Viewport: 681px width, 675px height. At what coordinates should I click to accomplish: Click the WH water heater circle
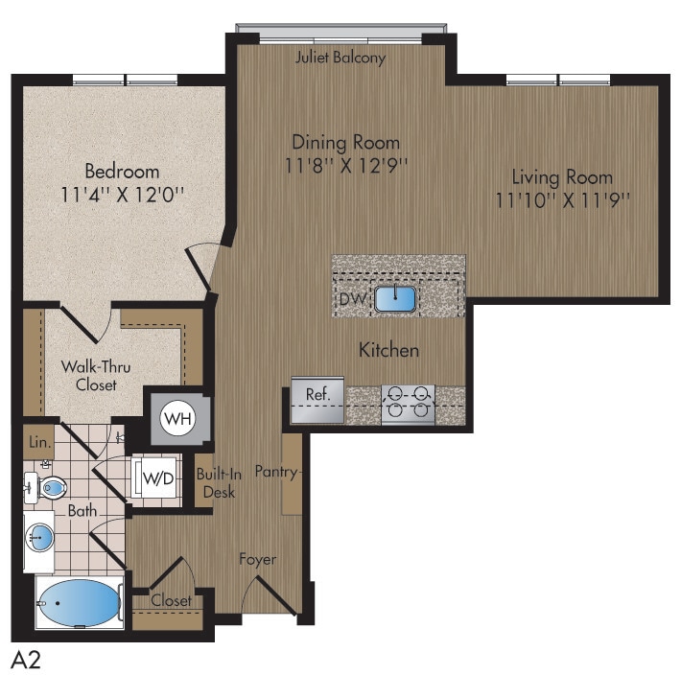[x=175, y=419]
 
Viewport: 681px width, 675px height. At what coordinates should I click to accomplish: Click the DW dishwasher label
[x=351, y=300]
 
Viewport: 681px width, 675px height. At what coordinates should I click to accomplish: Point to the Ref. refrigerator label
[x=317, y=394]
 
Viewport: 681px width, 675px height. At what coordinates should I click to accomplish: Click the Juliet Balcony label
[x=340, y=58]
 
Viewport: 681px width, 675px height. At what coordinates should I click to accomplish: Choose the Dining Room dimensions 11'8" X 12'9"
[x=346, y=165]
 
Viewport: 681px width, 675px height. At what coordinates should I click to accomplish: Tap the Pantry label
[x=276, y=472]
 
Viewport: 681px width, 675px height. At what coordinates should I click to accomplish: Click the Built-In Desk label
[x=216, y=484]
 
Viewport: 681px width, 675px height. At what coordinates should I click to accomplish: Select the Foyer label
[x=258, y=559]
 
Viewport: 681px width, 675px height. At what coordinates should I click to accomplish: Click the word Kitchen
[x=388, y=350]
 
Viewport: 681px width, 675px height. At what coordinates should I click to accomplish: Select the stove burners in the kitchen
[x=409, y=404]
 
